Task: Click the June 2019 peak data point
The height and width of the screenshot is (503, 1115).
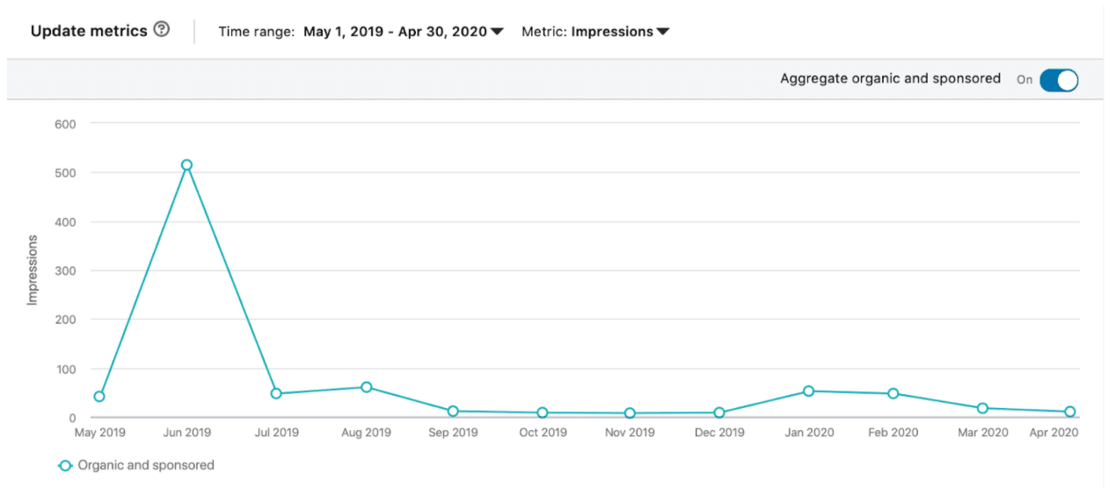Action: click(x=186, y=165)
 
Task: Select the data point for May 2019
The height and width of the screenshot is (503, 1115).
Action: click(x=99, y=397)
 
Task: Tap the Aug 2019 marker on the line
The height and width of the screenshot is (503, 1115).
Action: click(x=366, y=387)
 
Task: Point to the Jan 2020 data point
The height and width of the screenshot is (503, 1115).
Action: click(x=808, y=391)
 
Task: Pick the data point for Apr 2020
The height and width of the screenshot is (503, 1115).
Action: click(x=1070, y=412)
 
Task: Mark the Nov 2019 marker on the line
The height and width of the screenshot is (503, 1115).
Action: click(x=630, y=413)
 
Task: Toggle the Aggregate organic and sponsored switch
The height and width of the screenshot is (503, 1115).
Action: click(x=1058, y=80)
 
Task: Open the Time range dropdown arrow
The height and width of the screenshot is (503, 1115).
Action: click(x=497, y=32)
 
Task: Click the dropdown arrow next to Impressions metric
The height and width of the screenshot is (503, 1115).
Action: click(x=663, y=32)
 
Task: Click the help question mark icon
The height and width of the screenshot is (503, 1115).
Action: click(x=161, y=30)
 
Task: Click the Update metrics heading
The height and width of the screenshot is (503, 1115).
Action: click(x=89, y=31)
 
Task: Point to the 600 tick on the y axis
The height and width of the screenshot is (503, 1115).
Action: click(x=66, y=124)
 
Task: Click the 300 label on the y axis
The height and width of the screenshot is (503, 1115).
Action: click(x=66, y=271)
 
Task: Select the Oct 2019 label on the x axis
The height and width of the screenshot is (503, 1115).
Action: click(x=543, y=433)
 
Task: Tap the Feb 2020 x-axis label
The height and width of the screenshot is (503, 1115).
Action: click(x=893, y=433)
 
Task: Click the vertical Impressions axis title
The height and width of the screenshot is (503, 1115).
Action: click(x=33, y=270)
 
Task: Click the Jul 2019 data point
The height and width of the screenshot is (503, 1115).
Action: click(x=276, y=394)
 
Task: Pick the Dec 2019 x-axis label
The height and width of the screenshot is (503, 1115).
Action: click(x=718, y=433)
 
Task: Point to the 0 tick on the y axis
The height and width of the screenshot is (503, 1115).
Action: click(x=72, y=418)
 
